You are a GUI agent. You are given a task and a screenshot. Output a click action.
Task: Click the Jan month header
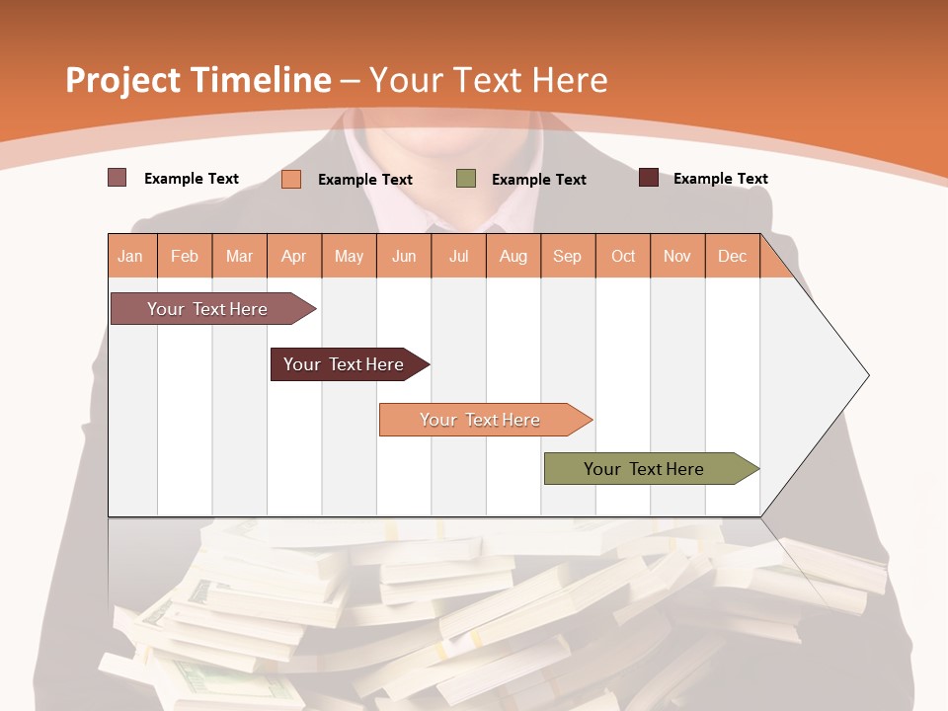[130, 256]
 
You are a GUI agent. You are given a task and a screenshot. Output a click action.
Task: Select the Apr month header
[294, 256]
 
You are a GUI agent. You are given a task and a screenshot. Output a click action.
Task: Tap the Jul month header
[458, 256]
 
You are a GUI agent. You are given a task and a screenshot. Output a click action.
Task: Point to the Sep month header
[567, 256]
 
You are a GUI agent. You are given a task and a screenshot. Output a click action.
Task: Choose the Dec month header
[732, 256]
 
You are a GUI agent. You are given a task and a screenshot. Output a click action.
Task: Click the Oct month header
[623, 256]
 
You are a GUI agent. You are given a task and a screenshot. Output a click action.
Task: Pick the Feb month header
[185, 256]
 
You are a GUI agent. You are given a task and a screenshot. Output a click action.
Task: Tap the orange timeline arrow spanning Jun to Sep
[481, 420]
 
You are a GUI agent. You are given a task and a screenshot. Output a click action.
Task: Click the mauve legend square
[117, 178]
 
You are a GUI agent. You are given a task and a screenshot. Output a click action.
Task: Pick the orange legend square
[291, 179]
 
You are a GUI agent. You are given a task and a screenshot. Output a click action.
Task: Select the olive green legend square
[466, 179]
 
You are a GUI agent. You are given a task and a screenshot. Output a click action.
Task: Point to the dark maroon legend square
[648, 178]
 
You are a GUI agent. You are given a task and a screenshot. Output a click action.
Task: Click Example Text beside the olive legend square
[538, 179]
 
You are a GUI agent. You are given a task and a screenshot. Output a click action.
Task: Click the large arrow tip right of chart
[829, 375]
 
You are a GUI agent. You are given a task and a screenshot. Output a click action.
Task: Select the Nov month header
[677, 256]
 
